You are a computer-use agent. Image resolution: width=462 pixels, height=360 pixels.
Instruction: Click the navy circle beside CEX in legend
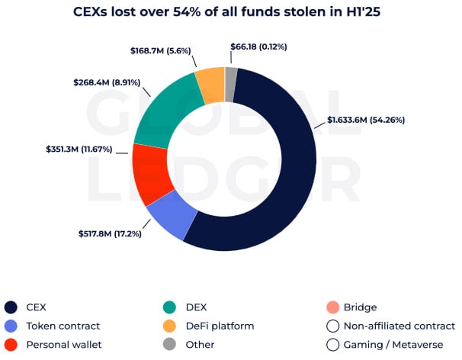(x=11, y=307)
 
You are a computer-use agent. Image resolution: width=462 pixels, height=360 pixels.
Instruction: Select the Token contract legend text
(x=63, y=326)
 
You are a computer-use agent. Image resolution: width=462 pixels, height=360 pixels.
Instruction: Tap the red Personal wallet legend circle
(x=11, y=344)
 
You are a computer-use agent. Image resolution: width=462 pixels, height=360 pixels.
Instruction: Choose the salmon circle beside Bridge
(x=332, y=307)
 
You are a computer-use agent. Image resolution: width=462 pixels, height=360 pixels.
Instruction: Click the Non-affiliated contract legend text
(x=399, y=326)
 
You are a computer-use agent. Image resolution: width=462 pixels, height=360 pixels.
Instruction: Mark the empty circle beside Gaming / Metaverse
(x=332, y=344)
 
